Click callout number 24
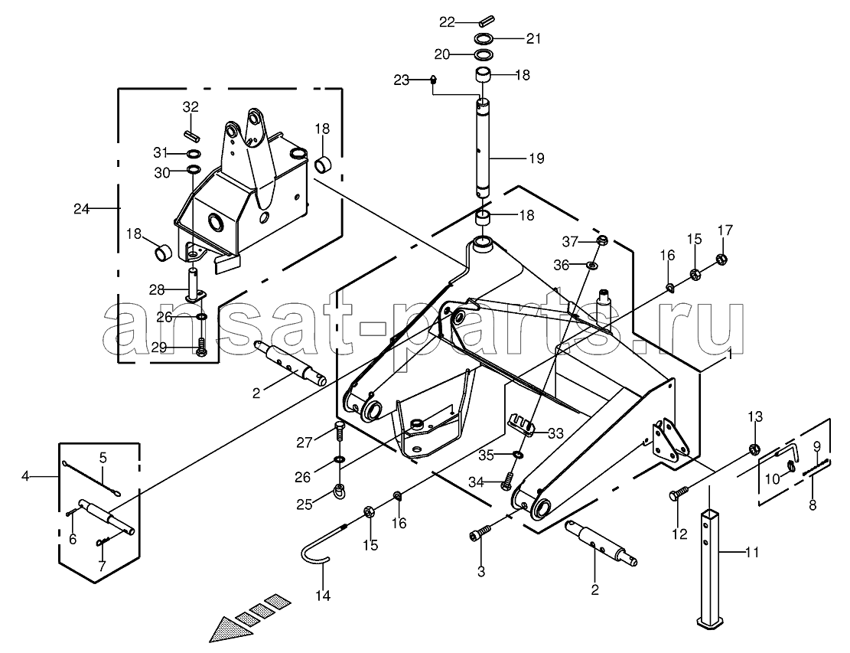81,208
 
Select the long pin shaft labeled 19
484,148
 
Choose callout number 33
555,433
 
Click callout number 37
570,241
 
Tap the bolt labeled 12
679,493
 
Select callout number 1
729,354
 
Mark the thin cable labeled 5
93,478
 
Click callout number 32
191,107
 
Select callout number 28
157,290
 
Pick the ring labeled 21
484,38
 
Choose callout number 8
812,505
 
